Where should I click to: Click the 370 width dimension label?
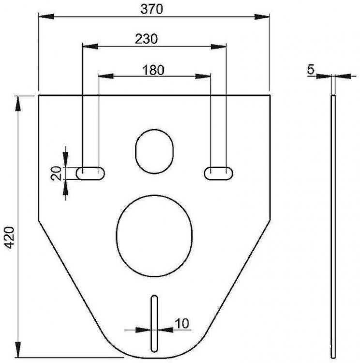coord(151,9)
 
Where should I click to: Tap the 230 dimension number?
coord(146,39)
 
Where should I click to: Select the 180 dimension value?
coord(153,70)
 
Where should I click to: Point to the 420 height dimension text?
coord(10,238)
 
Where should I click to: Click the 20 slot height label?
coord(57,173)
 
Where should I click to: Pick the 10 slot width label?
coord(182,323)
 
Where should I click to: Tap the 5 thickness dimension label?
coord(311,69)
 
